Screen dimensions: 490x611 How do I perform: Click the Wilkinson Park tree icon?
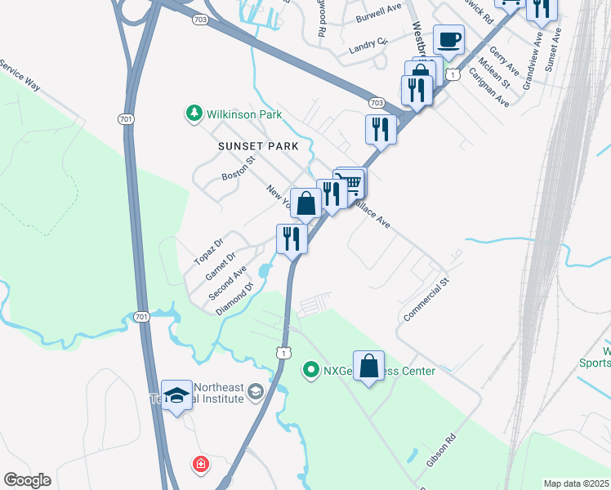click(x=194, y=114)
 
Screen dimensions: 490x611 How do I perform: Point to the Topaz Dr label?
click(x=208, y=252)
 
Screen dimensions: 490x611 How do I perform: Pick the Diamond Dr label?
click(x=235, y=300)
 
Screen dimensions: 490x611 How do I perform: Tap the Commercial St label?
click(x=426, y=300)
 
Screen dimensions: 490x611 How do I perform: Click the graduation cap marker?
click(x=176, y=396)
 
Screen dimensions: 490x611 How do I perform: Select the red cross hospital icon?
click(x=200, y=465)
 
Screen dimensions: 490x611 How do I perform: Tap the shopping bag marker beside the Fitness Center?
click(x=368, y=367)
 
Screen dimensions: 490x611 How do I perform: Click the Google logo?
click(x=27, y=480)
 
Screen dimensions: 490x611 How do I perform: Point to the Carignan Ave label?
click(x=489, y=87)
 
